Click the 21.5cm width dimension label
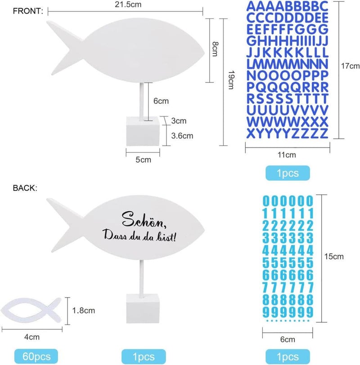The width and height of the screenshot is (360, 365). coord(128,4)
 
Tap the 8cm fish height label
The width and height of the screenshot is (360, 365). coord(215,49)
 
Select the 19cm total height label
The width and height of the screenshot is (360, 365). coord(231,80)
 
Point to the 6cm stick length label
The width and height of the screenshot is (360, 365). coord(161,101)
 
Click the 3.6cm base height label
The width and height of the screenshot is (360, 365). coord(182,136)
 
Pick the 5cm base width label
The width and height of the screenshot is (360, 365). coord(143,160)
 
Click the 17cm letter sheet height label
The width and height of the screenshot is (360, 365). coord(350,66)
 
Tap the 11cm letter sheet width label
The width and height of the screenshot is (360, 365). coord(287,155)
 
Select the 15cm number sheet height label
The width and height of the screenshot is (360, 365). coord(334,257)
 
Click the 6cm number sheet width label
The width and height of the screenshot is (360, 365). coord(288,339)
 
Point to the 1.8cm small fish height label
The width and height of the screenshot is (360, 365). coord(83,311)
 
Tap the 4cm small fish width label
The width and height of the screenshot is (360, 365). coord(32,337)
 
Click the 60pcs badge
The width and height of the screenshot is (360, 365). coord(36,356)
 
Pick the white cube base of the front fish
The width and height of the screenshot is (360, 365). coord(143,131)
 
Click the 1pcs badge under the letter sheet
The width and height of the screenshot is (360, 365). coord(288,173)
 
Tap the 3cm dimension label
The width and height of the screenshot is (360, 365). coord(179,121)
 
